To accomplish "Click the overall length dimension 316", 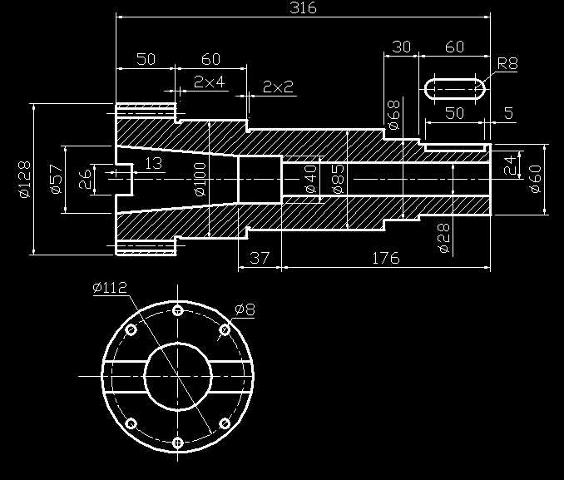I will coord(303,8).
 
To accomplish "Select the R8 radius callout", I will coord(507,63).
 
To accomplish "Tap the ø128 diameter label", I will coord(23,179).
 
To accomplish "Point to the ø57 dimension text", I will coord(56,180).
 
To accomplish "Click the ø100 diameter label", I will coord(199,180).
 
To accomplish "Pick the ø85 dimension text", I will coord(338,180).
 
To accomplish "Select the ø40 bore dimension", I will coord(309,180).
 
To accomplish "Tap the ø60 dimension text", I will coord(536,179).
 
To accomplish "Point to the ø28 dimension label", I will coord(443,237).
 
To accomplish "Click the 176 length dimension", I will coord(385,258).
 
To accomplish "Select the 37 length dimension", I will coord(260,258).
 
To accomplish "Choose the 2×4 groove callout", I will coord(209,82).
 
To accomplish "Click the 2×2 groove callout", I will coord(278,87).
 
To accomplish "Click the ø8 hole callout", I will coord(245,309).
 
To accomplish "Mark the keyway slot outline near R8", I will coord(456,88).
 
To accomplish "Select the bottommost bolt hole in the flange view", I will coord(177,443).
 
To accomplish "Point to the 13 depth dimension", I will coord(154,163).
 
